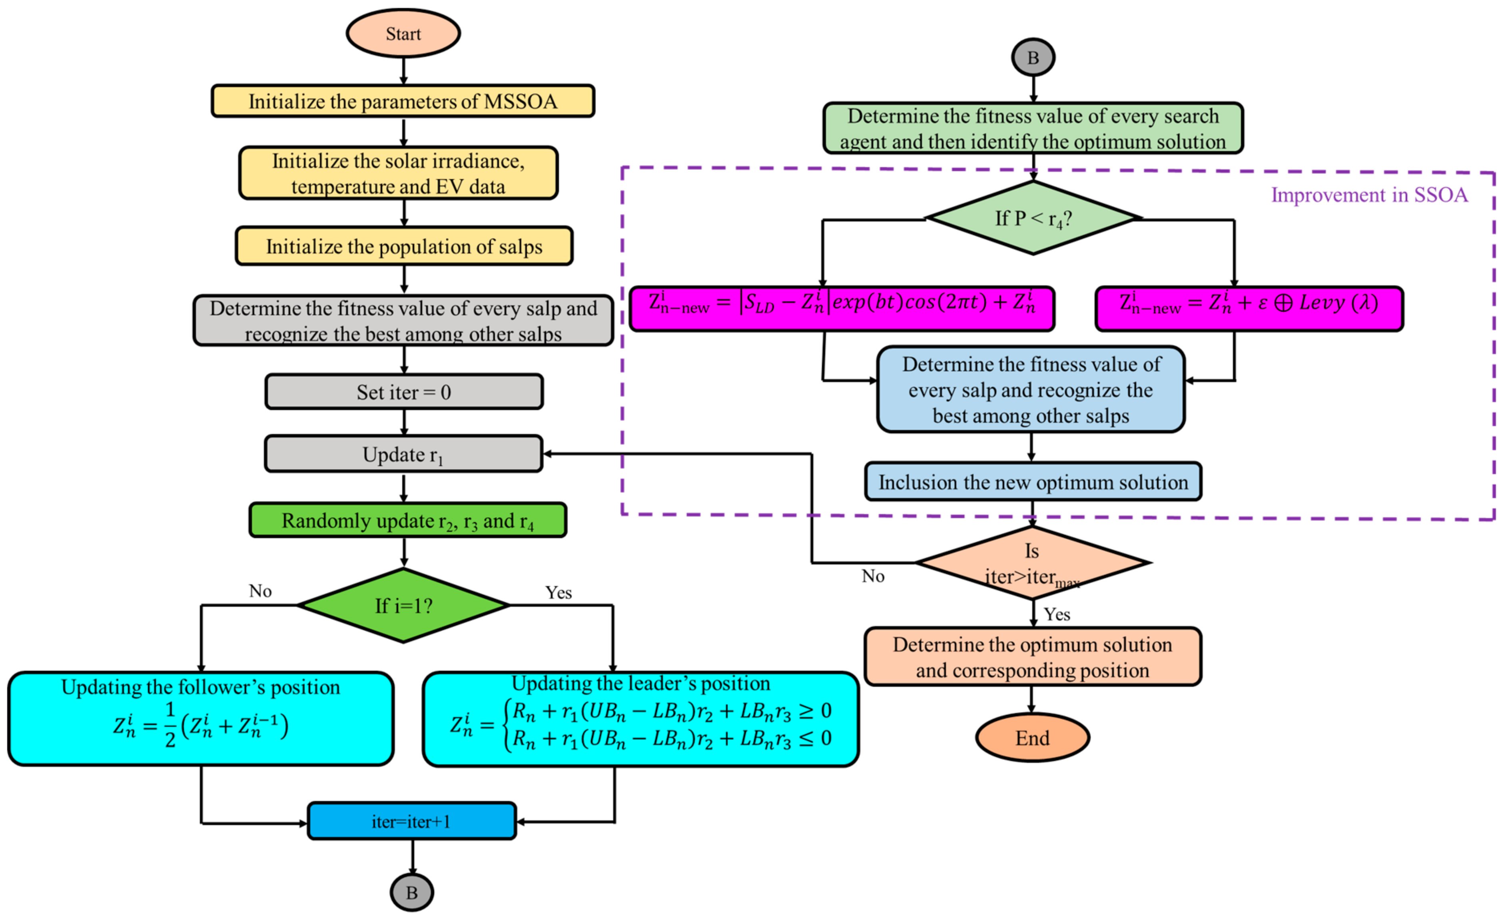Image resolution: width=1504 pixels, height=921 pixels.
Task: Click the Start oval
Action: [x=403, y=34]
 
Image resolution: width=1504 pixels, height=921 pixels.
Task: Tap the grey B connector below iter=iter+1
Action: [x=412, y=892]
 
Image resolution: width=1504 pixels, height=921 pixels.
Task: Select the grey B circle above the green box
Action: [x=1033, y=58]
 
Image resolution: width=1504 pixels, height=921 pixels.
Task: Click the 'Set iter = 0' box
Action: [x=403, y=392]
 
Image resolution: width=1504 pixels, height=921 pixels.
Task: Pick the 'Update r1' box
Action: [x=403, y=454]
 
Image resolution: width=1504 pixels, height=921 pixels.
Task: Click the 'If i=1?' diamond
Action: [x=403, y=606]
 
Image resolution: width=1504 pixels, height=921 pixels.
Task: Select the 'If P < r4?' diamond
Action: [x=1033, y=218]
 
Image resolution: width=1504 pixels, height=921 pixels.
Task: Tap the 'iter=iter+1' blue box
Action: [x=411, y=821]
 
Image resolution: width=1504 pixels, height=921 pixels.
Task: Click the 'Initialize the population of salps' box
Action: [x=403, y=246]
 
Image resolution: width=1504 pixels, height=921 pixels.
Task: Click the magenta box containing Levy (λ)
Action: [x=1249, y=308]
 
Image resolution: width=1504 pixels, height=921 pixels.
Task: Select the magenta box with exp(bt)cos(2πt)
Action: [x=842, y=308]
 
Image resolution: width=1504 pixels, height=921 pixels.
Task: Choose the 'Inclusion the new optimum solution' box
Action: [x=1033, y=482]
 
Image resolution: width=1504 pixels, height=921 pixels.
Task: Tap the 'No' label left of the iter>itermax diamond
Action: [x=872, y=576]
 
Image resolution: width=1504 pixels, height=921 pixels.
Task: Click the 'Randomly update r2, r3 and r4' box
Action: [x=407, y=520]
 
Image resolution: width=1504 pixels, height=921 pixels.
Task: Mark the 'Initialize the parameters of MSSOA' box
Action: [x=403, y=101]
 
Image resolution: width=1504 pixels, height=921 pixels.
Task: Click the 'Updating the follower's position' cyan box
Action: [x=201, y=718]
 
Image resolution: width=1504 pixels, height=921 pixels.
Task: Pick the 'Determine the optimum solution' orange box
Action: [x=1032, y=657]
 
